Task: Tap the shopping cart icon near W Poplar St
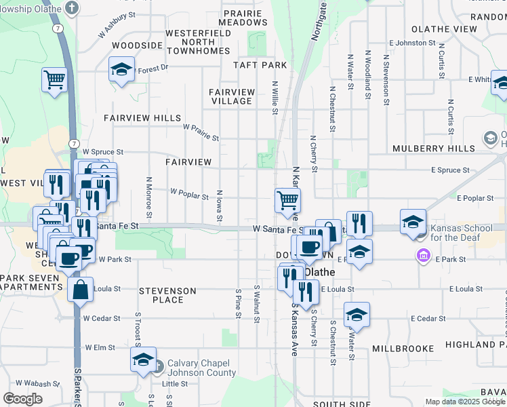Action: (287, 199)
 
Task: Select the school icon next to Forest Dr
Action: (122, 69)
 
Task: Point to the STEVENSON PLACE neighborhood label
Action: (167, 295)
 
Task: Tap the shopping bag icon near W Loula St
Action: (80, 289)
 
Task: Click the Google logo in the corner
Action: (22, 398)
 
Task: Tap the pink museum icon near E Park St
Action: (424, 256)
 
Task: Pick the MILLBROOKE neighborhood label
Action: (403, 348)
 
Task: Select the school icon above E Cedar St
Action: (357, 314)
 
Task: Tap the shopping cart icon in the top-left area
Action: (54, 79)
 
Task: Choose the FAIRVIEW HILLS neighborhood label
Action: (142, 117)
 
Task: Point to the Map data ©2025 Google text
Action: (465, 402)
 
